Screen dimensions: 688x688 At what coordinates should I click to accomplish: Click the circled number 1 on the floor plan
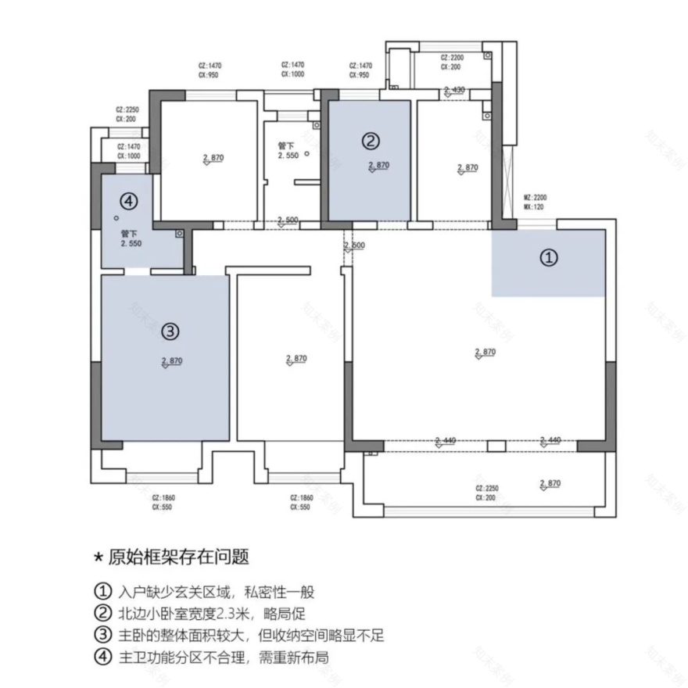(x=550, y=256)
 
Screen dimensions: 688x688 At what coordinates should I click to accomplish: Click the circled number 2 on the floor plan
(x=371, y=141)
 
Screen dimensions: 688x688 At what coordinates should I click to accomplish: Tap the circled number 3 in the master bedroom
(x=170, y=331)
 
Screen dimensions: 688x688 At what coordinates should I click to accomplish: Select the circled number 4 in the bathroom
(x=128, y=201)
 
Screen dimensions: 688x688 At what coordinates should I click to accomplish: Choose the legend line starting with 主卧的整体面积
(x=238, y=635)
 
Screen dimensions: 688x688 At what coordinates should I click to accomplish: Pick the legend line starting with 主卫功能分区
(x=210, y=657)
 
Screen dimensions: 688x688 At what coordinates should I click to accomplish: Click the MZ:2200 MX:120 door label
(x=535, y=202)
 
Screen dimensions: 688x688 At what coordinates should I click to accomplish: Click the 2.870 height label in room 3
(x=172, y=361)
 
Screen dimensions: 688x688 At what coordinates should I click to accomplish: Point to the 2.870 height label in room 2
(x=378, y=166)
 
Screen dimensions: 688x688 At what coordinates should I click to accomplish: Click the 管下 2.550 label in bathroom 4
(x=130, y=238)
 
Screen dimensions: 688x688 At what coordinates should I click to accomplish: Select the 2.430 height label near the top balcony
(x=453, y=90)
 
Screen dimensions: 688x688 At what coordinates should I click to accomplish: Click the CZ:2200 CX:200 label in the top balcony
(x=452, y=62)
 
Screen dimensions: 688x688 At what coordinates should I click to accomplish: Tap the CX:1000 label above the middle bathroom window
(x=293, y=75)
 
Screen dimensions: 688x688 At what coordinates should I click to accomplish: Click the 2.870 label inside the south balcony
(x=550, y=483)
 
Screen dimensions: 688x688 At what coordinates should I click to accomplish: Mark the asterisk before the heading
(x=98, y=557)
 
